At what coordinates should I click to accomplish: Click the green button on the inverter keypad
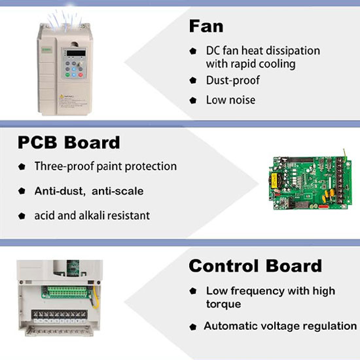click(67, 75)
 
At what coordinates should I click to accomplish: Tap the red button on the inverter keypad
click(81, 75)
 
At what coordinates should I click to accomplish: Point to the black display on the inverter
click(76, 53)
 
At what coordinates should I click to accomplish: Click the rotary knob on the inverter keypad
click(81, 64)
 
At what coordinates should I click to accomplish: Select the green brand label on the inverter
click(47, 50)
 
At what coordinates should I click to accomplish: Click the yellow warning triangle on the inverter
click(62, 96)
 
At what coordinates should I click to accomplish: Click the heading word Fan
click(206, 26)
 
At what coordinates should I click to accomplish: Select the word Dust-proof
click(233, 81)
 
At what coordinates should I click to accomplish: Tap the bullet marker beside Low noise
click(193, 100)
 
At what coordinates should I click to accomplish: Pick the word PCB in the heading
click(37, 143)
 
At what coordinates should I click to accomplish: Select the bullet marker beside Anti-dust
click(22, 190)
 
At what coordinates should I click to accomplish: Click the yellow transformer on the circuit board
click(274, 181)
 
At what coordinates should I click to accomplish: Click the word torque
click(223, 304)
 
